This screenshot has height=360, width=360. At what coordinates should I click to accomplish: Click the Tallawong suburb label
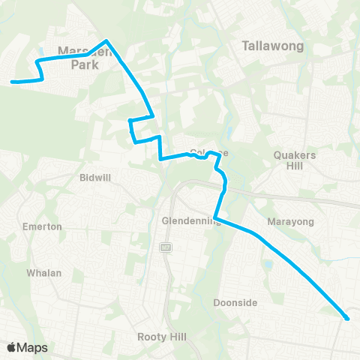click(x=272, y=46)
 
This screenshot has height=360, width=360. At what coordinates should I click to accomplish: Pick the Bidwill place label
click(x=95, y=178)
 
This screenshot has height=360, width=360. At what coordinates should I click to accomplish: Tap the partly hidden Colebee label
click(x=208, y=151)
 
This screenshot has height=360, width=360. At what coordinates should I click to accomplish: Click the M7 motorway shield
click(x=166, y=248)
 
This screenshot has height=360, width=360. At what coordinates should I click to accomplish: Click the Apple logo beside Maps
click(x=13, y=347)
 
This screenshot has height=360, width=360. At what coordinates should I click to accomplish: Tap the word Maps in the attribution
click(x=33, y=347)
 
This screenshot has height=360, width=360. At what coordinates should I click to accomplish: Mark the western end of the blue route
click(x=12, y=82)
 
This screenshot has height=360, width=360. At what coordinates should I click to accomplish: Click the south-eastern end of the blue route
click(x=347, y=319)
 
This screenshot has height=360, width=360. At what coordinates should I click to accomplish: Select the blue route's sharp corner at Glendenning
click(x=215, y=218)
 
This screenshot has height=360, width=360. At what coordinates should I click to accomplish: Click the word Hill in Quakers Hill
click(x=295, y=166)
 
